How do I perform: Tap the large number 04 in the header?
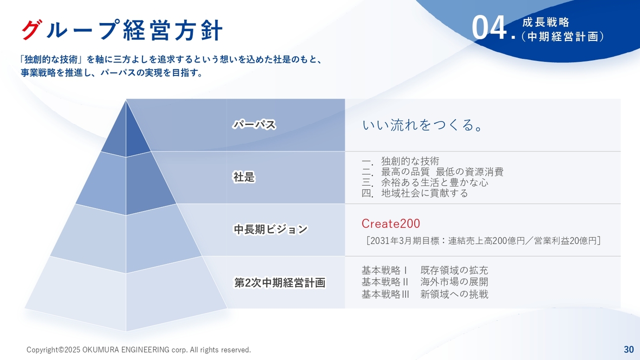click(489, 28)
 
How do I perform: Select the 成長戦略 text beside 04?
click(545, 22)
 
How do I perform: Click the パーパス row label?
click(254, 125)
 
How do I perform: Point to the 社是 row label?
click(244, 177)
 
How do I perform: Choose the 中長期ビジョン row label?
click(270, 229)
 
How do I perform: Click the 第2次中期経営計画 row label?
click(280, 283)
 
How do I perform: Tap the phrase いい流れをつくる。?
click(422, 125)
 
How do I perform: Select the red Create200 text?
click(390, 223)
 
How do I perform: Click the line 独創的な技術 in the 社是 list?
click(410, 161)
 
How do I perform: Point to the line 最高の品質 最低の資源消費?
click(442, 171)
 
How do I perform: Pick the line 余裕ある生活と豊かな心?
click(434, 182)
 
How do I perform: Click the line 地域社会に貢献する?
click(424, 193)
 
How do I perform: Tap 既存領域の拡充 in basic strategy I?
click(454, 270)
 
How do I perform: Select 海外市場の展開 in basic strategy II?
click(454, 282)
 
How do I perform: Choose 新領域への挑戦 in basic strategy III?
click(454, 294)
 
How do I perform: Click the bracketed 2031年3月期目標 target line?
click(483, 241)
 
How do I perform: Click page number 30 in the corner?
click(628, 349)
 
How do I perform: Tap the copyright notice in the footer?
click(138, 349)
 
